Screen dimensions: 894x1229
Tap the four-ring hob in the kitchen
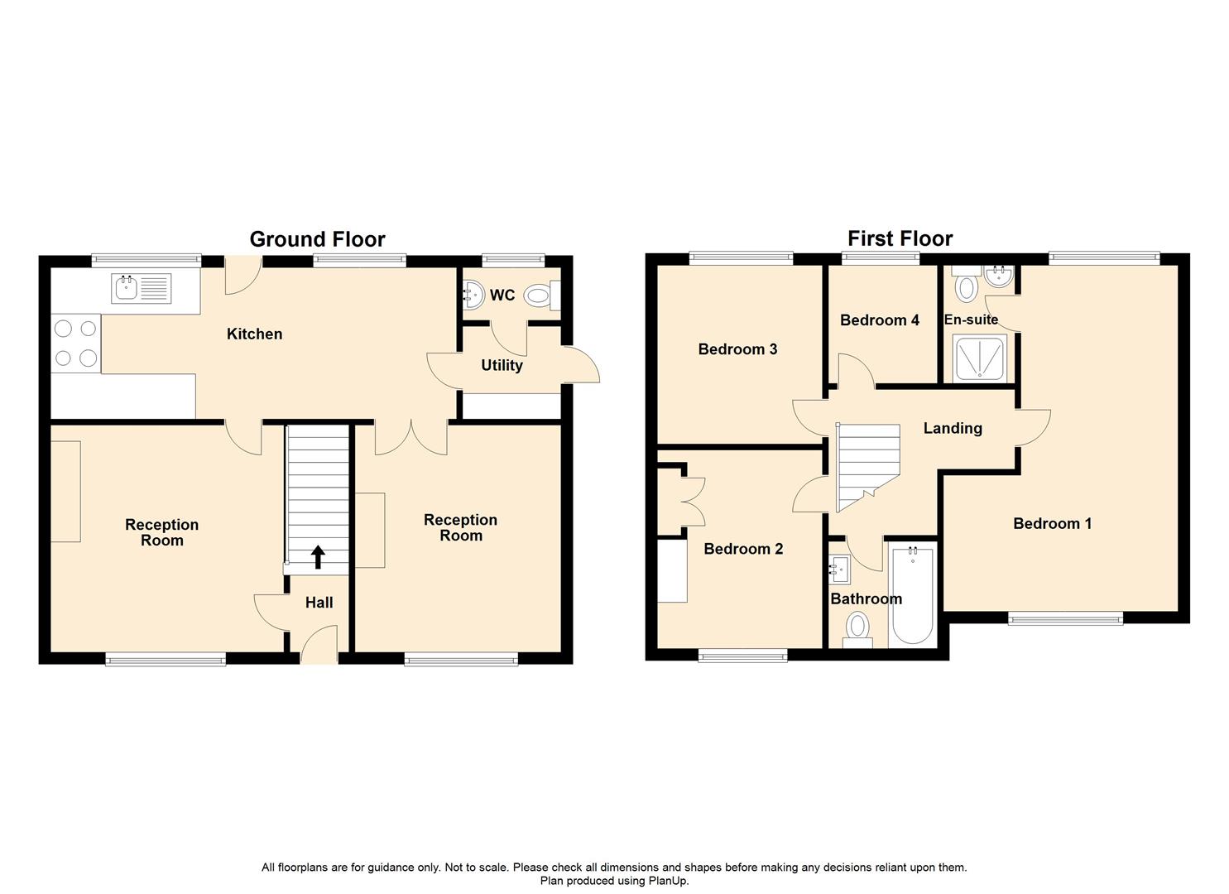click(75, 343)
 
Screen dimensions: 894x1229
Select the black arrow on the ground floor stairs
click(318, 557)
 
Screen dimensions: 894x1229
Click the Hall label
click(319, 603)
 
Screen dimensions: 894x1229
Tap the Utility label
click(502, 365)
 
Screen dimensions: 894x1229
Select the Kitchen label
click(254, 334)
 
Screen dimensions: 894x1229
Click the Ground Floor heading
click(317, 239)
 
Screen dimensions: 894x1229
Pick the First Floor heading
click(900, 238)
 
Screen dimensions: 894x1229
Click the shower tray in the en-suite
click(979, 358)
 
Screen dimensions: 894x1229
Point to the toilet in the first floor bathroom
click(857, 628)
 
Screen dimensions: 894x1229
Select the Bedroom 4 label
click(879, 320)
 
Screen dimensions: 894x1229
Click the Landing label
click(953, 428)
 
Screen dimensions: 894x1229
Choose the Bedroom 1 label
click(1052, 523)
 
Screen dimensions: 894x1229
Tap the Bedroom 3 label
click(737, 348)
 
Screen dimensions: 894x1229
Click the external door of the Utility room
click(582, 365)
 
